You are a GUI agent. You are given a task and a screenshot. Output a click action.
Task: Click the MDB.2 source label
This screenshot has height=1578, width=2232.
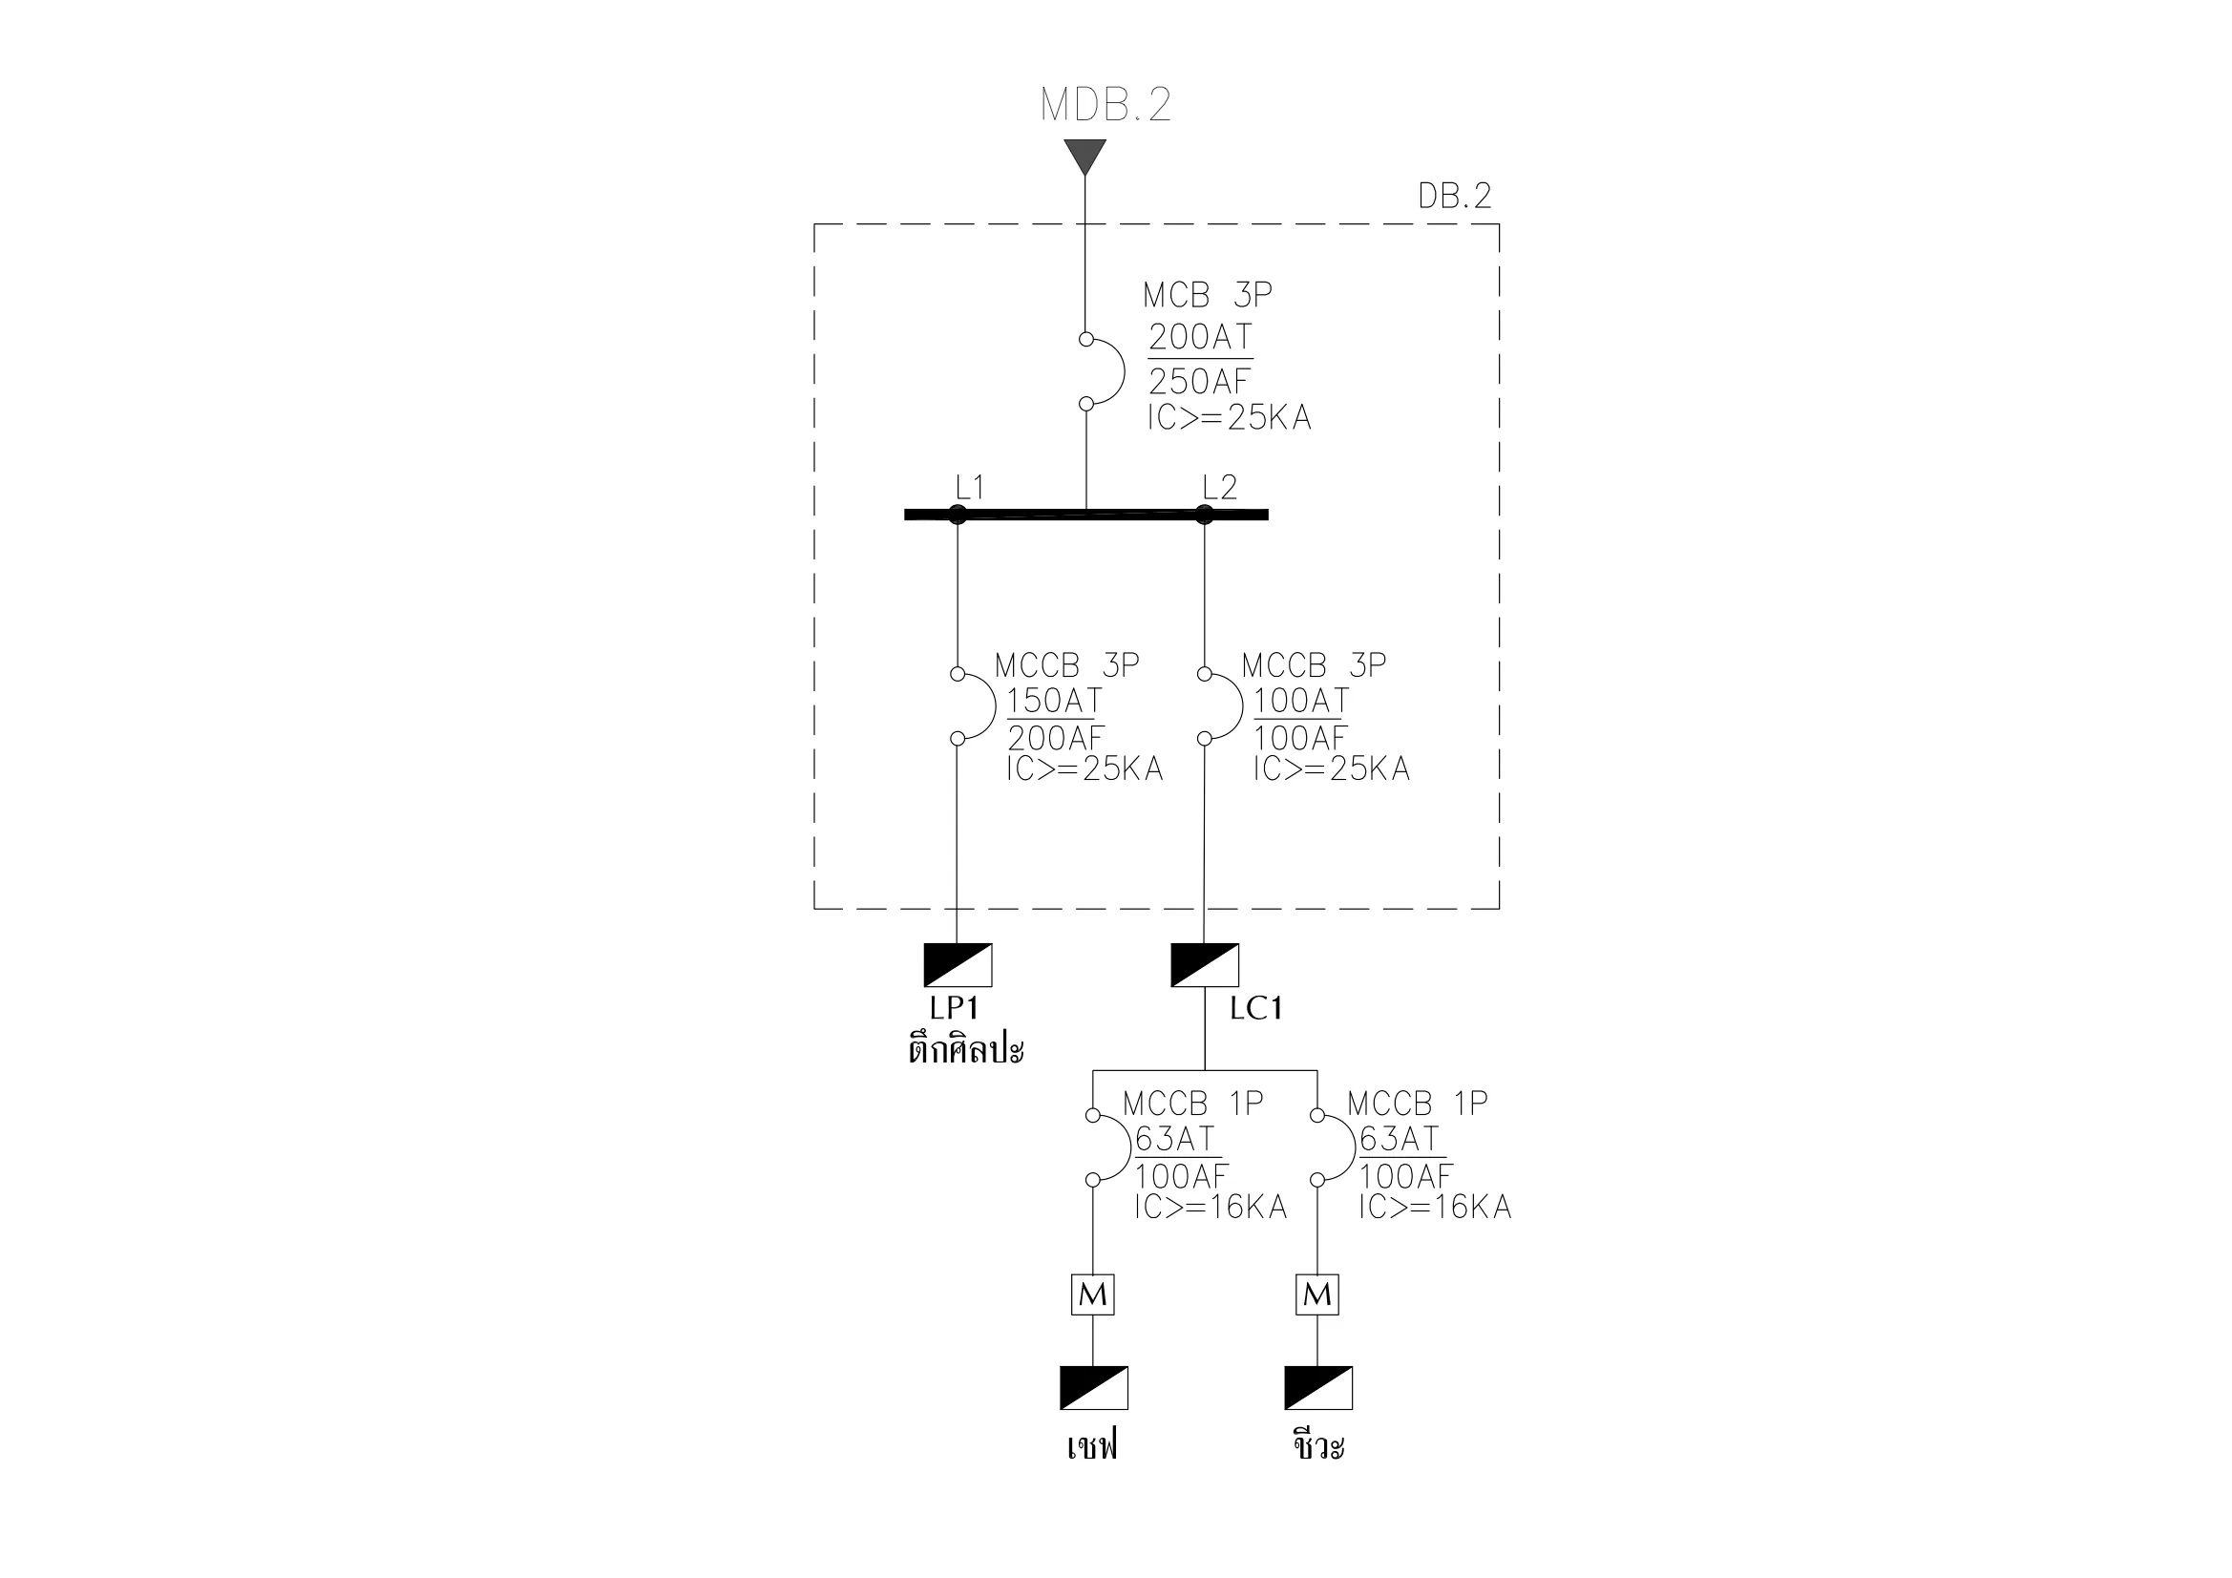[x=1105, y=105]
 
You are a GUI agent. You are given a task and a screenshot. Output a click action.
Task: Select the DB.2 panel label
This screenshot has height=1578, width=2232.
[x=1454, y=197]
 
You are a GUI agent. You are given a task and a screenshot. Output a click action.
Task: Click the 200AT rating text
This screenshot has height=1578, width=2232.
[x=1201, y=337]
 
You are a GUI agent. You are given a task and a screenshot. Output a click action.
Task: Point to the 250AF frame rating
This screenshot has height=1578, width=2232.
[x=1200, y=381]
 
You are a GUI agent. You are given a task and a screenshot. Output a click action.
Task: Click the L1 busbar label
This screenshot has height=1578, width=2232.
[x=969, y=487]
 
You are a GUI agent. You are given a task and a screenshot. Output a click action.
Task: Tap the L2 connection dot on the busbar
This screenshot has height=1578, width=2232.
[x=1205, y=515]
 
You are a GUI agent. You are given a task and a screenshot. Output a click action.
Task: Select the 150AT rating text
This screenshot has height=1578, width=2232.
[x=1055, y=701]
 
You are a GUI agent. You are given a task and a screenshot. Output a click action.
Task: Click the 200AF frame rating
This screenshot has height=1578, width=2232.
[x=1056, y=739]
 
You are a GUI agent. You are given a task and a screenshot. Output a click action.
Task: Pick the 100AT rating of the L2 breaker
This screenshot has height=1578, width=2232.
[x=1301, y=701]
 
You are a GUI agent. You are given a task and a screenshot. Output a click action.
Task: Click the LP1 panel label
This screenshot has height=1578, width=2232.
[x=954, y=1008]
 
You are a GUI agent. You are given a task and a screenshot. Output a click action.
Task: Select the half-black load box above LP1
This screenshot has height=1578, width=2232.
[x=958, y=964]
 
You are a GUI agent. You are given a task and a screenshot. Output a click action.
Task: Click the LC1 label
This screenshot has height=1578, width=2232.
[x=1256, y=1009]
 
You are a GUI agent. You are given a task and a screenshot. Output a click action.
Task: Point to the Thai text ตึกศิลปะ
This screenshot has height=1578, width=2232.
[x=966, y=1051]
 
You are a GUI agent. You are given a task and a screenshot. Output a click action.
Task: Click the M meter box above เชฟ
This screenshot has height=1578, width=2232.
[x=1093, y=1294]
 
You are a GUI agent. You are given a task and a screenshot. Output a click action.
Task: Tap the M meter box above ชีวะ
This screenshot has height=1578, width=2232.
[x=1317, y=1294]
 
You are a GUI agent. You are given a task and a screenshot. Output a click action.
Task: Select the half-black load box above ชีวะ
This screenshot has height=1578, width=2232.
[x=1318, y=1387]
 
